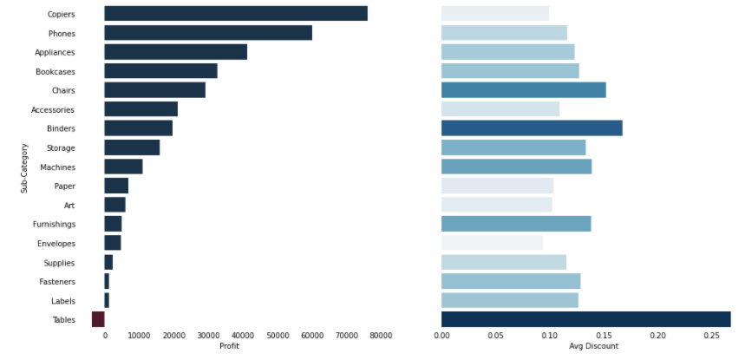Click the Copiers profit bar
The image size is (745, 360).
tap(235, 14)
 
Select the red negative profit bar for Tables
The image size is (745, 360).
tap(98, 320)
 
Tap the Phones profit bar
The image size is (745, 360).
tap(207, 33)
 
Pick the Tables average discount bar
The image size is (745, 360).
tap(585, 320)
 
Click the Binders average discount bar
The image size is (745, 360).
tap(531, 128)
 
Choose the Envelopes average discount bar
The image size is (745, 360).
tap(492, 244)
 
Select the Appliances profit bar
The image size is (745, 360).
tap(175, 52)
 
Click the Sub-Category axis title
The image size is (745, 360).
tap(24, 167)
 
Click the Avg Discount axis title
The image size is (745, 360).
tap(593, 346)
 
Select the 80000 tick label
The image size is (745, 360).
tap(380, 335)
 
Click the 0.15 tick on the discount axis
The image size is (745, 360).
tap(604, 335)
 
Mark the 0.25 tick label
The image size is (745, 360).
tap(712, 335)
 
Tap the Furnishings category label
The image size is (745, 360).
tap(53, 225)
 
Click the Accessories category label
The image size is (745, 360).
tap(53, 109)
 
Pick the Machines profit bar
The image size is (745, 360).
tap(123, 167)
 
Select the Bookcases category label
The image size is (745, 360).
tap(55, 71)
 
